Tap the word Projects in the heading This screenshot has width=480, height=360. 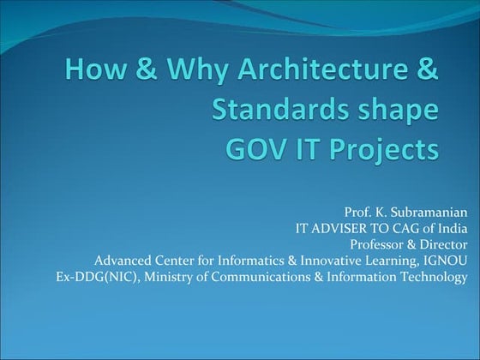pos(392,151)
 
